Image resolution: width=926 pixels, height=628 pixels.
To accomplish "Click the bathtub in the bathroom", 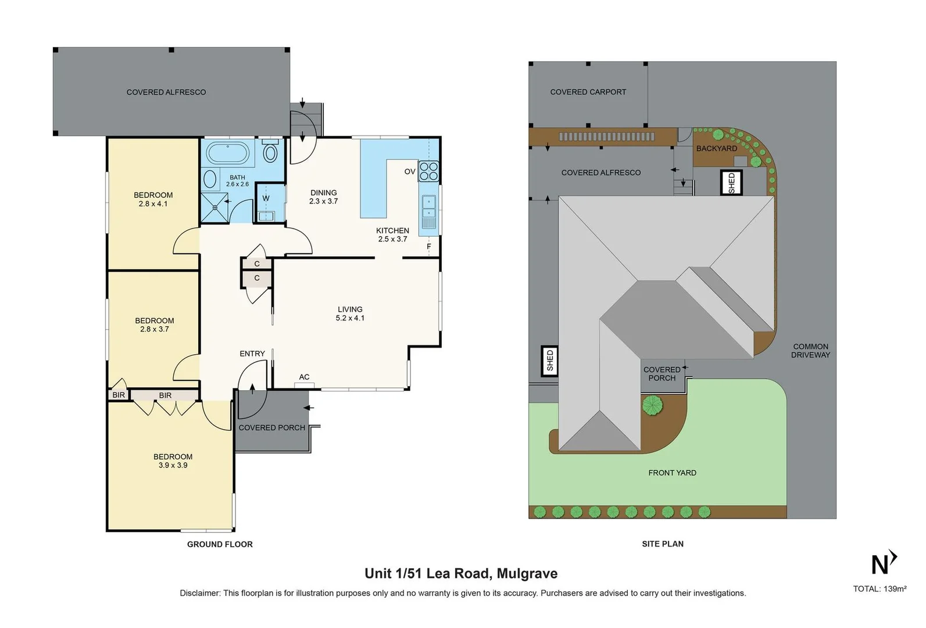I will pyautogui.click(x=228, y=154).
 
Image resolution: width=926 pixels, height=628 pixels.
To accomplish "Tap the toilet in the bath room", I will pyautogui.click(x=270, y=153).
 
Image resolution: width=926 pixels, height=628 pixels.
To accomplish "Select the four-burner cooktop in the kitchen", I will pyautogui.click(x=429, y=171).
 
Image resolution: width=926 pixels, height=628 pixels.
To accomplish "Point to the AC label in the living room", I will pyautogui.click(x=304, y=377).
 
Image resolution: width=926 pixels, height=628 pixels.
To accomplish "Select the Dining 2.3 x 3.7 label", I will pyautogui.click(x=323, y=197).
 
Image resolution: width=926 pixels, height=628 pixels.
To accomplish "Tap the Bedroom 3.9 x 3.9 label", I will pyautogui.click(x=173, y=461).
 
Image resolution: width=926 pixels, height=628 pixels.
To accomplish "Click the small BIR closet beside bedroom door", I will pyautogui.click(x=119, y=395).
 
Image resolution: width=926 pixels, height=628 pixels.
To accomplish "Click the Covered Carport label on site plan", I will pyautogui.click(x=588, y=92).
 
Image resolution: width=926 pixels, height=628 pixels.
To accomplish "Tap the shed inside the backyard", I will pyautogui.click(x=731, y=183).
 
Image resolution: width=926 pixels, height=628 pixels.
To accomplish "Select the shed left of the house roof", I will pyautogui.click(x=549, y=361).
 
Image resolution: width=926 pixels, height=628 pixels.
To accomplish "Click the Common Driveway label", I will pyautogui.click(x=810, y=351).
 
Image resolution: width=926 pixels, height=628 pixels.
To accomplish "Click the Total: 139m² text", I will pyautogui.click(x=879, y=588).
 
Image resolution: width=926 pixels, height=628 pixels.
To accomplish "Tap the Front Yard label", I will pyautogui.click(x=672, y=473).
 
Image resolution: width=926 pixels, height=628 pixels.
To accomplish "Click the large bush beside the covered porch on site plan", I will pyautogui.click(x=652, y=405).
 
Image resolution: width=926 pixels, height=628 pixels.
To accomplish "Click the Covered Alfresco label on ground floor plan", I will pyautogui.click(x=166, y=92).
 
